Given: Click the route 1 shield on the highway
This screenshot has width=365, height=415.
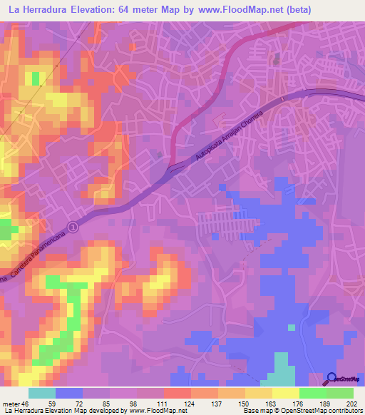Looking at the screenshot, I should click(71, 226).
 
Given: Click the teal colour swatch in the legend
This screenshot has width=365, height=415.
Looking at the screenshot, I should click(42, 393).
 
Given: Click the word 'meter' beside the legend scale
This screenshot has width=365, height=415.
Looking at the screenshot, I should click(11, 404).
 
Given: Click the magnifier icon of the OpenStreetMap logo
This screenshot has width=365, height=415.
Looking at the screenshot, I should click(331, 379).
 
